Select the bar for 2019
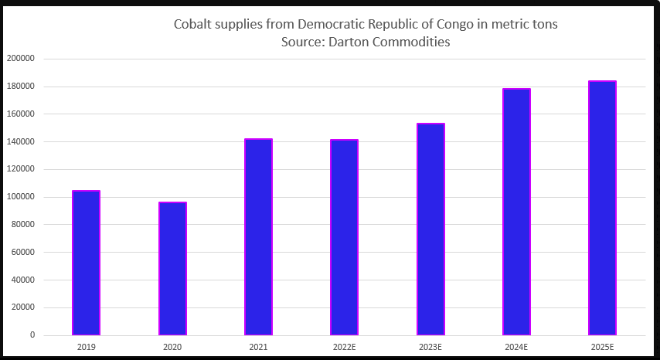86,263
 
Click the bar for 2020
172,268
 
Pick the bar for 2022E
345,237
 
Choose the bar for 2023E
430,229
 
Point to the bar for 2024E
516,212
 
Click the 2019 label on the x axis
86,347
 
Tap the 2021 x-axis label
258,347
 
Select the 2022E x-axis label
345,347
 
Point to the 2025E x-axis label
602,347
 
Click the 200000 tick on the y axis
20,59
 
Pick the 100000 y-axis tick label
20,197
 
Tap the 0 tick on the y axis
32,335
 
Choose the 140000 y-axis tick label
20,141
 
